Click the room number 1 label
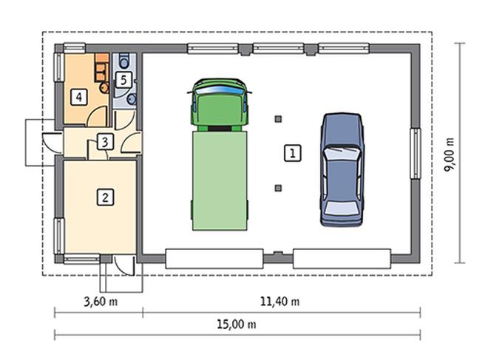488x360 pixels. (x=293, y=153)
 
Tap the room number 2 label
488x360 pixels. (x=105, y=197)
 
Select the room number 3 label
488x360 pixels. (x=105, y=142)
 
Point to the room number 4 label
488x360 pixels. (x=79, y=97)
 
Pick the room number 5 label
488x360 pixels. (x=123, y=80)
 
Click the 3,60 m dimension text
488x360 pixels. (x=101, y=301)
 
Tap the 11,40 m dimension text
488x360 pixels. (x=279, y=301)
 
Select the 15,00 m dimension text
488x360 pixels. (x=237, y=325)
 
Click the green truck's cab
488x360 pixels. (x=220, y=104)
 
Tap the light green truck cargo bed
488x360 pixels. (x=220, y=181)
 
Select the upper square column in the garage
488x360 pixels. (x=278, y=118)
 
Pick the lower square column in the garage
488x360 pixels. (x=278, y=188)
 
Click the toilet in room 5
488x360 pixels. (x=124, y=61)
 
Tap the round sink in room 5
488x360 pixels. (x=132, y=99)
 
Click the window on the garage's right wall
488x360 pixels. (x=416, y=153)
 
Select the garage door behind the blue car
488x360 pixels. (x=342, y=259)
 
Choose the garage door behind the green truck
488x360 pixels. (x=214, y=259)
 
